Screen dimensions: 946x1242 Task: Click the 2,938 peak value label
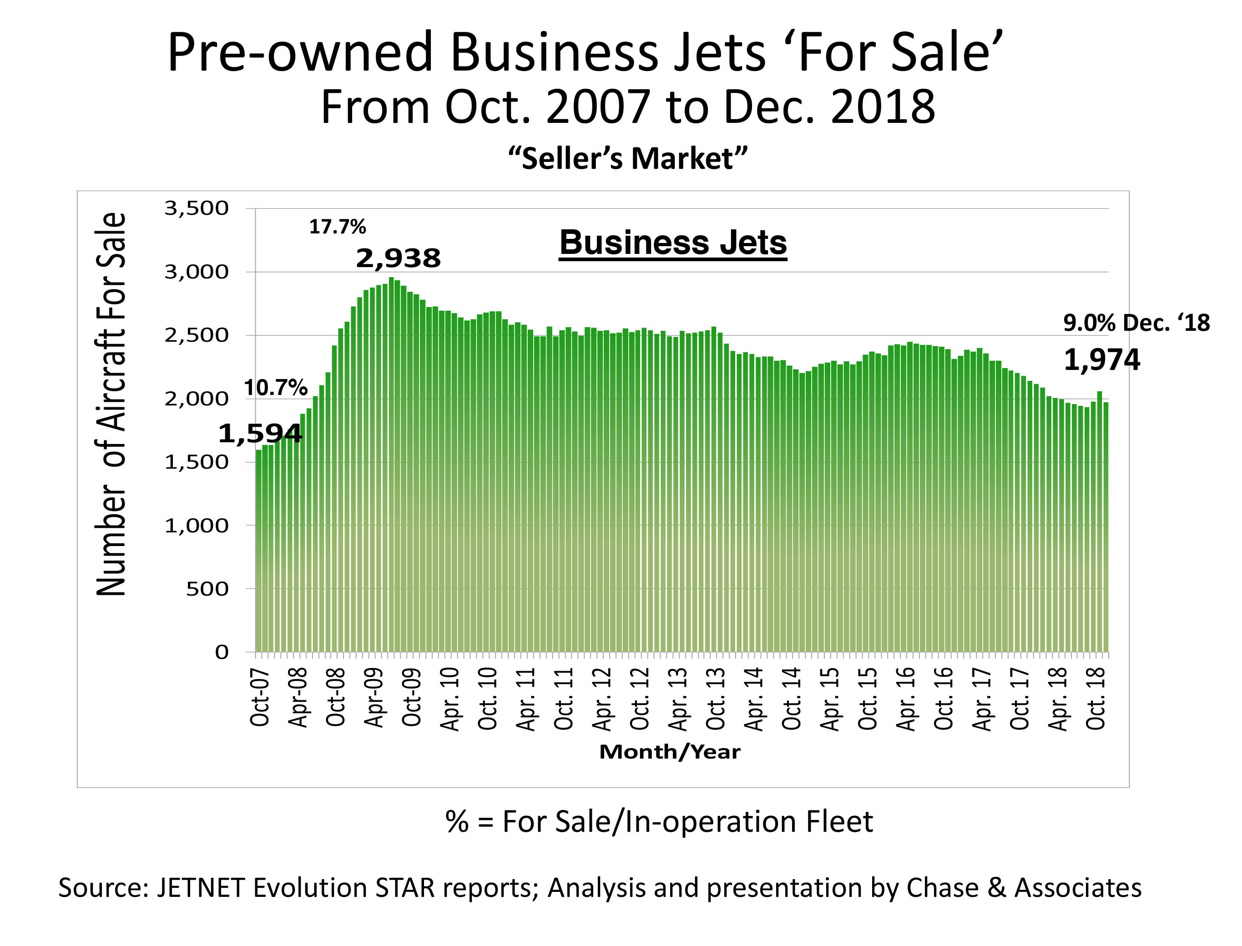click(x=398, y=258)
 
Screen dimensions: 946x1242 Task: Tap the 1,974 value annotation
click(x=1101, y=360)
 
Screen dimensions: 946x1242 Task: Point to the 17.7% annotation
click(x=337, y=227)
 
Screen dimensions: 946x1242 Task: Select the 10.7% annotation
click(x=275, y=388)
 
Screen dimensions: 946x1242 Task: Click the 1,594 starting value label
click(x=260, y=434)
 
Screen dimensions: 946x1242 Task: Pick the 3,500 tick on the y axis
click(x=197, y=208)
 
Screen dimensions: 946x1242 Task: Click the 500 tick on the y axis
click(x=207, y=589)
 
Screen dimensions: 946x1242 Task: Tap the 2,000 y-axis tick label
click(x=197, y=399)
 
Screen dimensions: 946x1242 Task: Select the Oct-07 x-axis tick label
click(x=260, y=697)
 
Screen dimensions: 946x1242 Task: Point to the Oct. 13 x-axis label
click(x=716, y=698)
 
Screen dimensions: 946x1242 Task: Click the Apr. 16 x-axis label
click(x=906, y=698)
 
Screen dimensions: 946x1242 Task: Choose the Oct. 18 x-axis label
click(x=1096, y=698)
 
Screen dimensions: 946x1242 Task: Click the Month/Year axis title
click(x=669, y=752)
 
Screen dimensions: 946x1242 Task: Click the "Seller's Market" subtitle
click(x=627, y=158)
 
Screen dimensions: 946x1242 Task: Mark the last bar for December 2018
click(x=1106, y=526)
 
